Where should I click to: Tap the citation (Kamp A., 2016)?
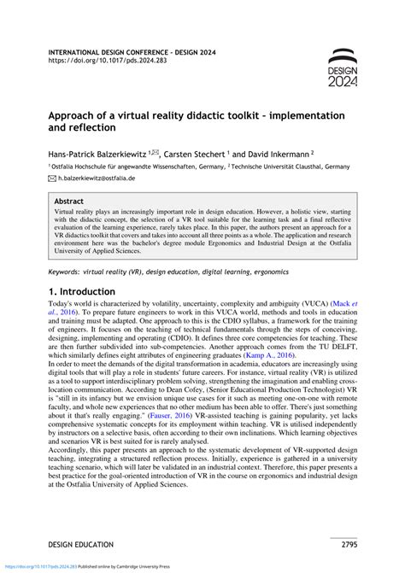292,380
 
